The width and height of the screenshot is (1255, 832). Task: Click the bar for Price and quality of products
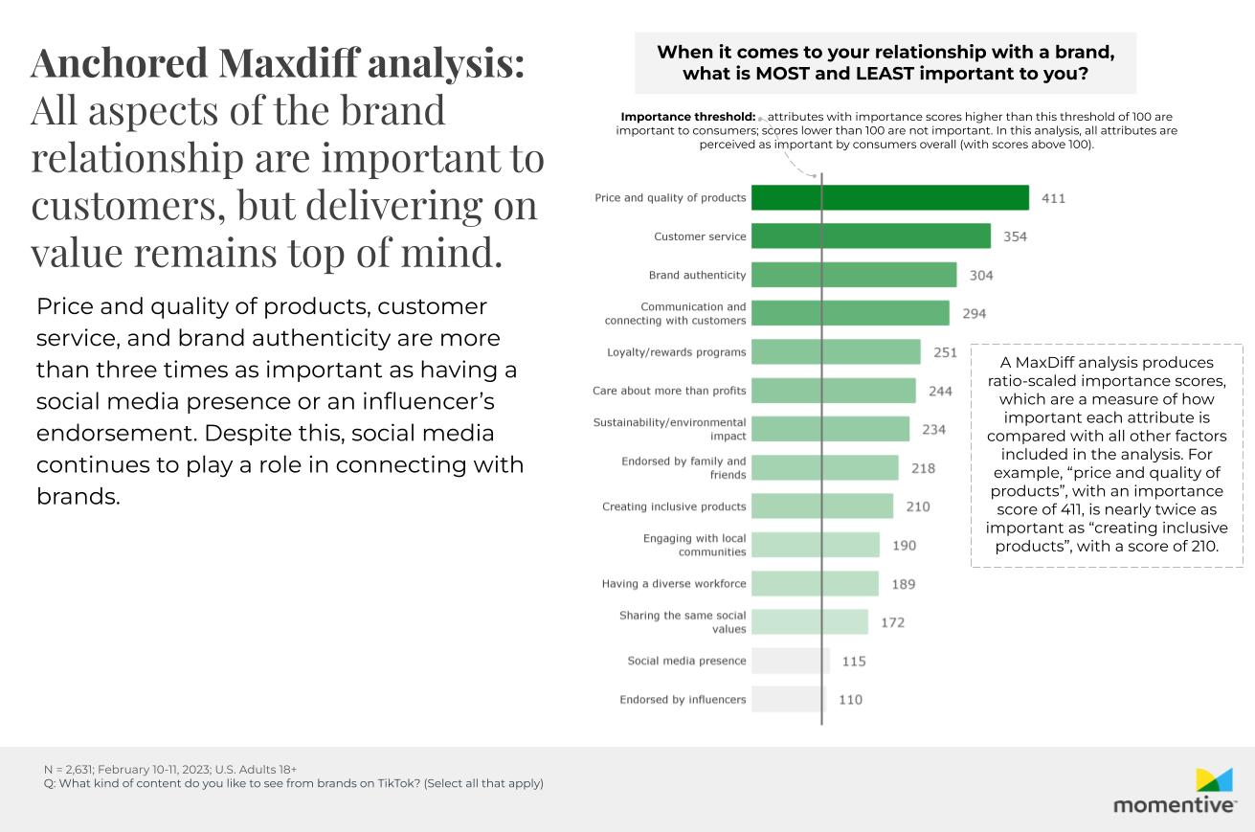[x=889, y=197]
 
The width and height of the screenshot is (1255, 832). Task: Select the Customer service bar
[x=870, y=236]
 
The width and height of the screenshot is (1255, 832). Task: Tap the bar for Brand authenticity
[x=853, y=275]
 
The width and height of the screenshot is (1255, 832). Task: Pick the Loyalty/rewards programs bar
[x=835, y=352]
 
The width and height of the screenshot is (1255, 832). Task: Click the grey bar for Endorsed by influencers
[x=788, y=699]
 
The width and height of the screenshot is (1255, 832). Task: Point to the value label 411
[x=1053, y=198]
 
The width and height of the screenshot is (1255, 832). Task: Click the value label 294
[x=974, y=313]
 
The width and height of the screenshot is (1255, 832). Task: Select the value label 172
[x=892, y=622]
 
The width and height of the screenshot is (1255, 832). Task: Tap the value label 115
[x=854, y=661]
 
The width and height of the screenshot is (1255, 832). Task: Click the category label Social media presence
[x=686, y=661]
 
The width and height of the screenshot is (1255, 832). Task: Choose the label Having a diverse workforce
[x=674, y=583]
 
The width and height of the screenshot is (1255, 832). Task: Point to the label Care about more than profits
[x=669, y=391]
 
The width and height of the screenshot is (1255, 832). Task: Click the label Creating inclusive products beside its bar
[x=674, y=506]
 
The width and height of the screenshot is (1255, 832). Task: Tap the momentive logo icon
[x=1214, y=779]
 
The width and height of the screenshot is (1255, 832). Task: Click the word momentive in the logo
[x=1174, y=805]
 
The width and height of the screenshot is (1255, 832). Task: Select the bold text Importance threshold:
[x=688, y=117]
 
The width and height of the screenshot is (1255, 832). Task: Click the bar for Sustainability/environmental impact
[x=830, y=429]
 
